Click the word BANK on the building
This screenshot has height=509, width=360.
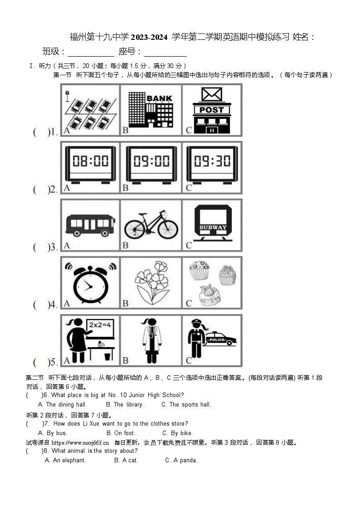click(159, 98)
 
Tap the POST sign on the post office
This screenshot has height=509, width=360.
click(212, 110)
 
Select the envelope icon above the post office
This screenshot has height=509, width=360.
click(212, 94)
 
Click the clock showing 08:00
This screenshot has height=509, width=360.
click(90, 164)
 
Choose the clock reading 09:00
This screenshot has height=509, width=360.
click(151, 164)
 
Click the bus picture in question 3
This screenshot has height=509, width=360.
click(90, 225)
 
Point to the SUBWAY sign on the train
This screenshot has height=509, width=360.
click(213, 228)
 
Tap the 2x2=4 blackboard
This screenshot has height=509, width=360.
click(100, 325)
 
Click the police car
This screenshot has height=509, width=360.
click(221, 339)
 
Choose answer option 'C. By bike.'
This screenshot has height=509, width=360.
click(177, 433)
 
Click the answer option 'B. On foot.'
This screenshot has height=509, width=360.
click(121, 433)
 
